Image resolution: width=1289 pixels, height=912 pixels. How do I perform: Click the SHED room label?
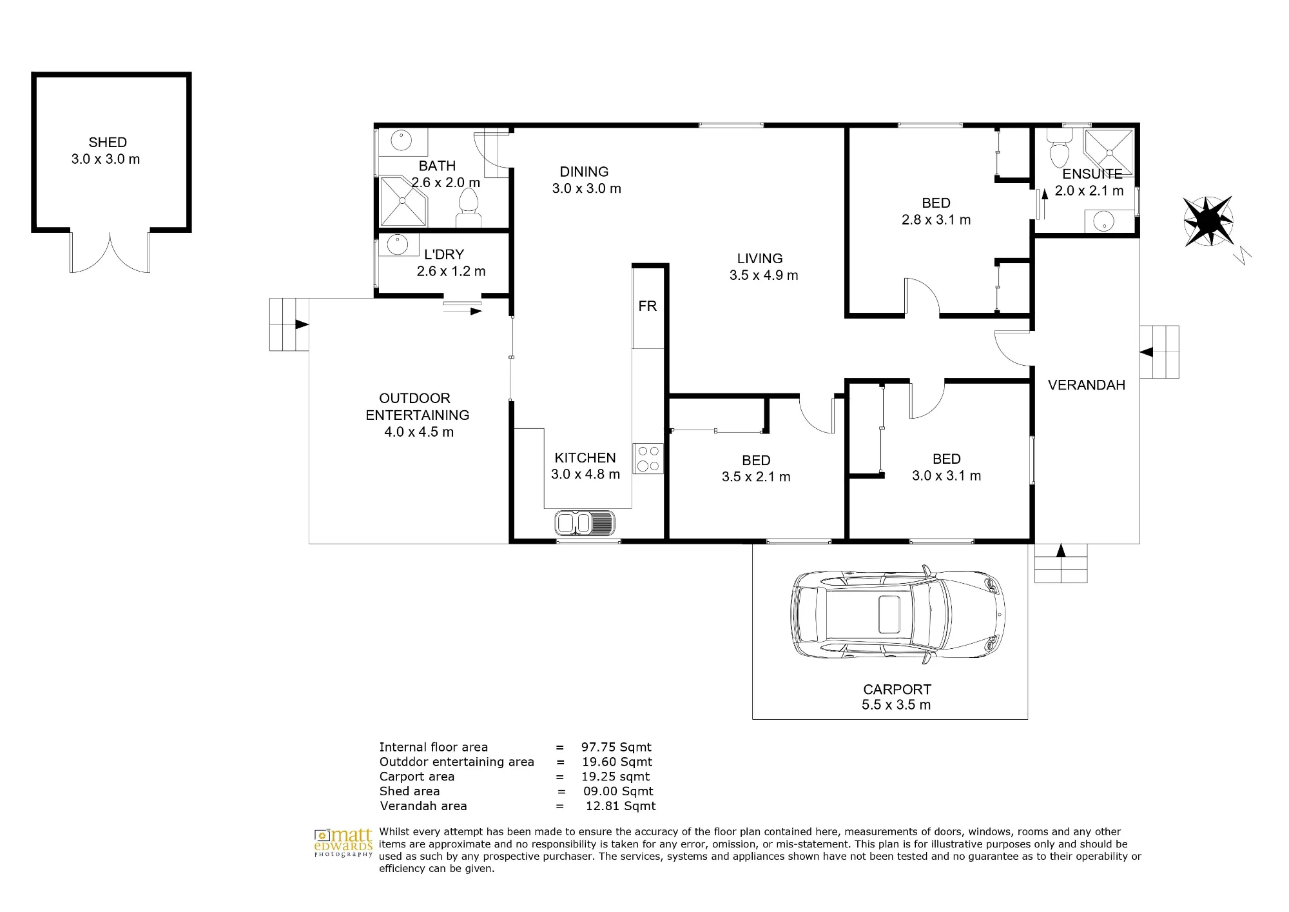108,143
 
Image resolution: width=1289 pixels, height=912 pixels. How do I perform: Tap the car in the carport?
898,613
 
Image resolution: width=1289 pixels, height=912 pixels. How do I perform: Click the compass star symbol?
1208,221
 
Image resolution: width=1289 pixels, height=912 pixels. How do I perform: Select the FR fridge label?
648,306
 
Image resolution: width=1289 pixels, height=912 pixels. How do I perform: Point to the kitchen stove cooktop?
648,459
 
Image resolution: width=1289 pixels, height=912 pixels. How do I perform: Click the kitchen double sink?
585,523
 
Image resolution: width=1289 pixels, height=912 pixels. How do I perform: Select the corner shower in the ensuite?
1109,153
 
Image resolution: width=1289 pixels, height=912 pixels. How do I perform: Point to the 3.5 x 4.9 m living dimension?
764,275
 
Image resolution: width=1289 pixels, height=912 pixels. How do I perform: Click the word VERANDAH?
1087,385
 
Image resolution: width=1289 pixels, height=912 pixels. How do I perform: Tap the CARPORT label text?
897,689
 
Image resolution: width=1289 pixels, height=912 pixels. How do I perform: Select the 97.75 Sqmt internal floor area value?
616,747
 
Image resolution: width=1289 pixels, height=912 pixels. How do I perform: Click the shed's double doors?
110,252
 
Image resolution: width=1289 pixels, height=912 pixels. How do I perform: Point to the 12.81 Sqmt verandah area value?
621,806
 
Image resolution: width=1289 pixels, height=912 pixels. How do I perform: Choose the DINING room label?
584,172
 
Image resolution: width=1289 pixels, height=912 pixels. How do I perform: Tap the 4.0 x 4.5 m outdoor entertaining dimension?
419,432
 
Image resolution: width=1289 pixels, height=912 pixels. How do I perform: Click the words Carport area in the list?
417,777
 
